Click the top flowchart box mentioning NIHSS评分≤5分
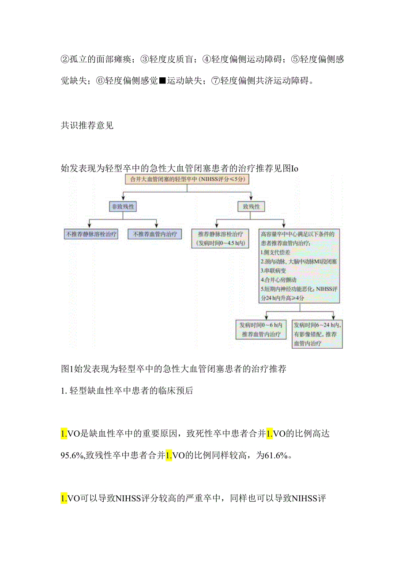tap(188, 179)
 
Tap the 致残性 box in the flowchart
tap(251, 206)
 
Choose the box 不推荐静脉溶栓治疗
tap(91, 234)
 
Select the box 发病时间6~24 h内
tap(316, 334)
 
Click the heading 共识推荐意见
tap(87, 125)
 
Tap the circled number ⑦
tap(216, 80)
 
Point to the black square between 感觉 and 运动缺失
tap(162, 80)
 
